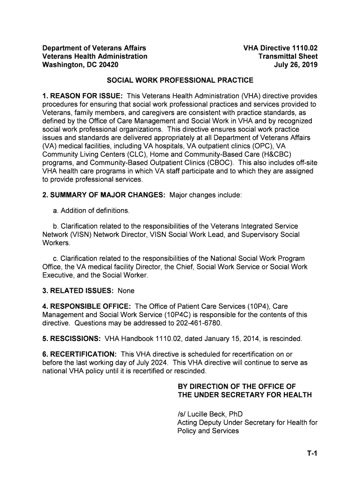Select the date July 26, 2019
295,65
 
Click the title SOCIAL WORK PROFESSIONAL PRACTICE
180,80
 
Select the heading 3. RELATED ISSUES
78,290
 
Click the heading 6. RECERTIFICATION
79,354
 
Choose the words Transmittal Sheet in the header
288,56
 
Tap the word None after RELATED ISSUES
126,290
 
